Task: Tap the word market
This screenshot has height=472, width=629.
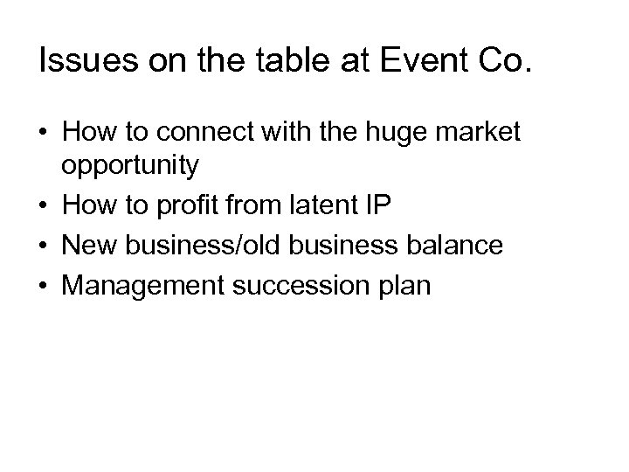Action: click(x=485, y=134)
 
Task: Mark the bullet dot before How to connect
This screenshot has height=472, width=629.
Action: click(x=44, y=135)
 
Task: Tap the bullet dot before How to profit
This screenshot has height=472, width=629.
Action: click(x=44, y=209)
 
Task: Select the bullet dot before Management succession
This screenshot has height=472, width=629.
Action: click(x=44, y=285)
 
